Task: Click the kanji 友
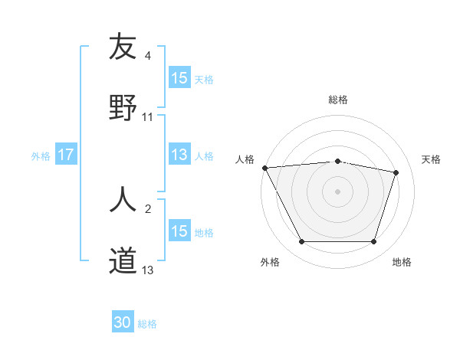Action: point(123,47)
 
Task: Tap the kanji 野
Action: point(123,107)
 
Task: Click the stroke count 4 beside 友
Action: point(148,56)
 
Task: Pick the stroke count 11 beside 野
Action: point(148,117)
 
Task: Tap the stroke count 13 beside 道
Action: point(148,270)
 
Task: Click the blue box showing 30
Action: point(123,323)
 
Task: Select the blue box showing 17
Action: point(66,155)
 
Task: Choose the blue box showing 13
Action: point(179,155)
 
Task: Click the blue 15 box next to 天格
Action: point(179,78)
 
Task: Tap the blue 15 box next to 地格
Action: point(179,231)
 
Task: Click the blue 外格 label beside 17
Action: point(41,155)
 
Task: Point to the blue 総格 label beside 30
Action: point(147,324)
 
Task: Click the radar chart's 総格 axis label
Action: point(338,100)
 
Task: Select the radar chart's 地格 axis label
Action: point(402,262)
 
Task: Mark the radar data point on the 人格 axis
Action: point(264,168)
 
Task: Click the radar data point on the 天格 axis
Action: point(396,172)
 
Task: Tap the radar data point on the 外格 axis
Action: point(301,242)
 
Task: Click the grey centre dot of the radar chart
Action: point(338,191)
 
